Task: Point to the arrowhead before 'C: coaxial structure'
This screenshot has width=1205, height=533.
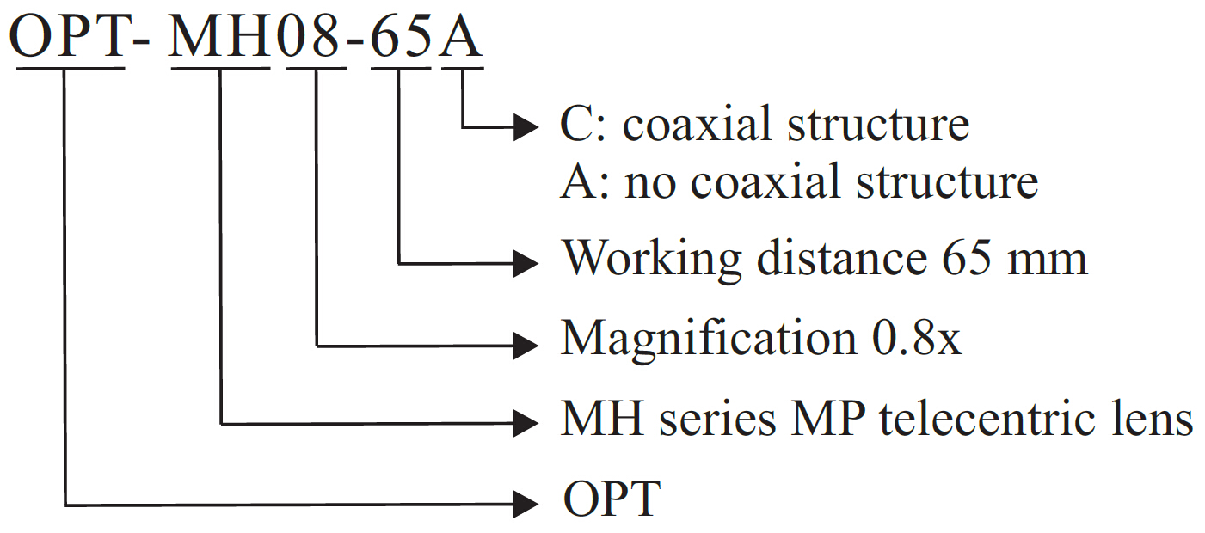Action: (526, 127)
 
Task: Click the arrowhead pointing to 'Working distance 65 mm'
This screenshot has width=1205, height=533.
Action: (526, 262)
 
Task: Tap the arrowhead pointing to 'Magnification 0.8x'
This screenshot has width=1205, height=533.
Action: (526, 346)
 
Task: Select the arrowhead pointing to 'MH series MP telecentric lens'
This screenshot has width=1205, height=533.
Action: (526, 422)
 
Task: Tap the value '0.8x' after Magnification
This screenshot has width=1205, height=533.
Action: (911, 339)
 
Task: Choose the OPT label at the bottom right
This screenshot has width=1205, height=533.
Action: (612, 499)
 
